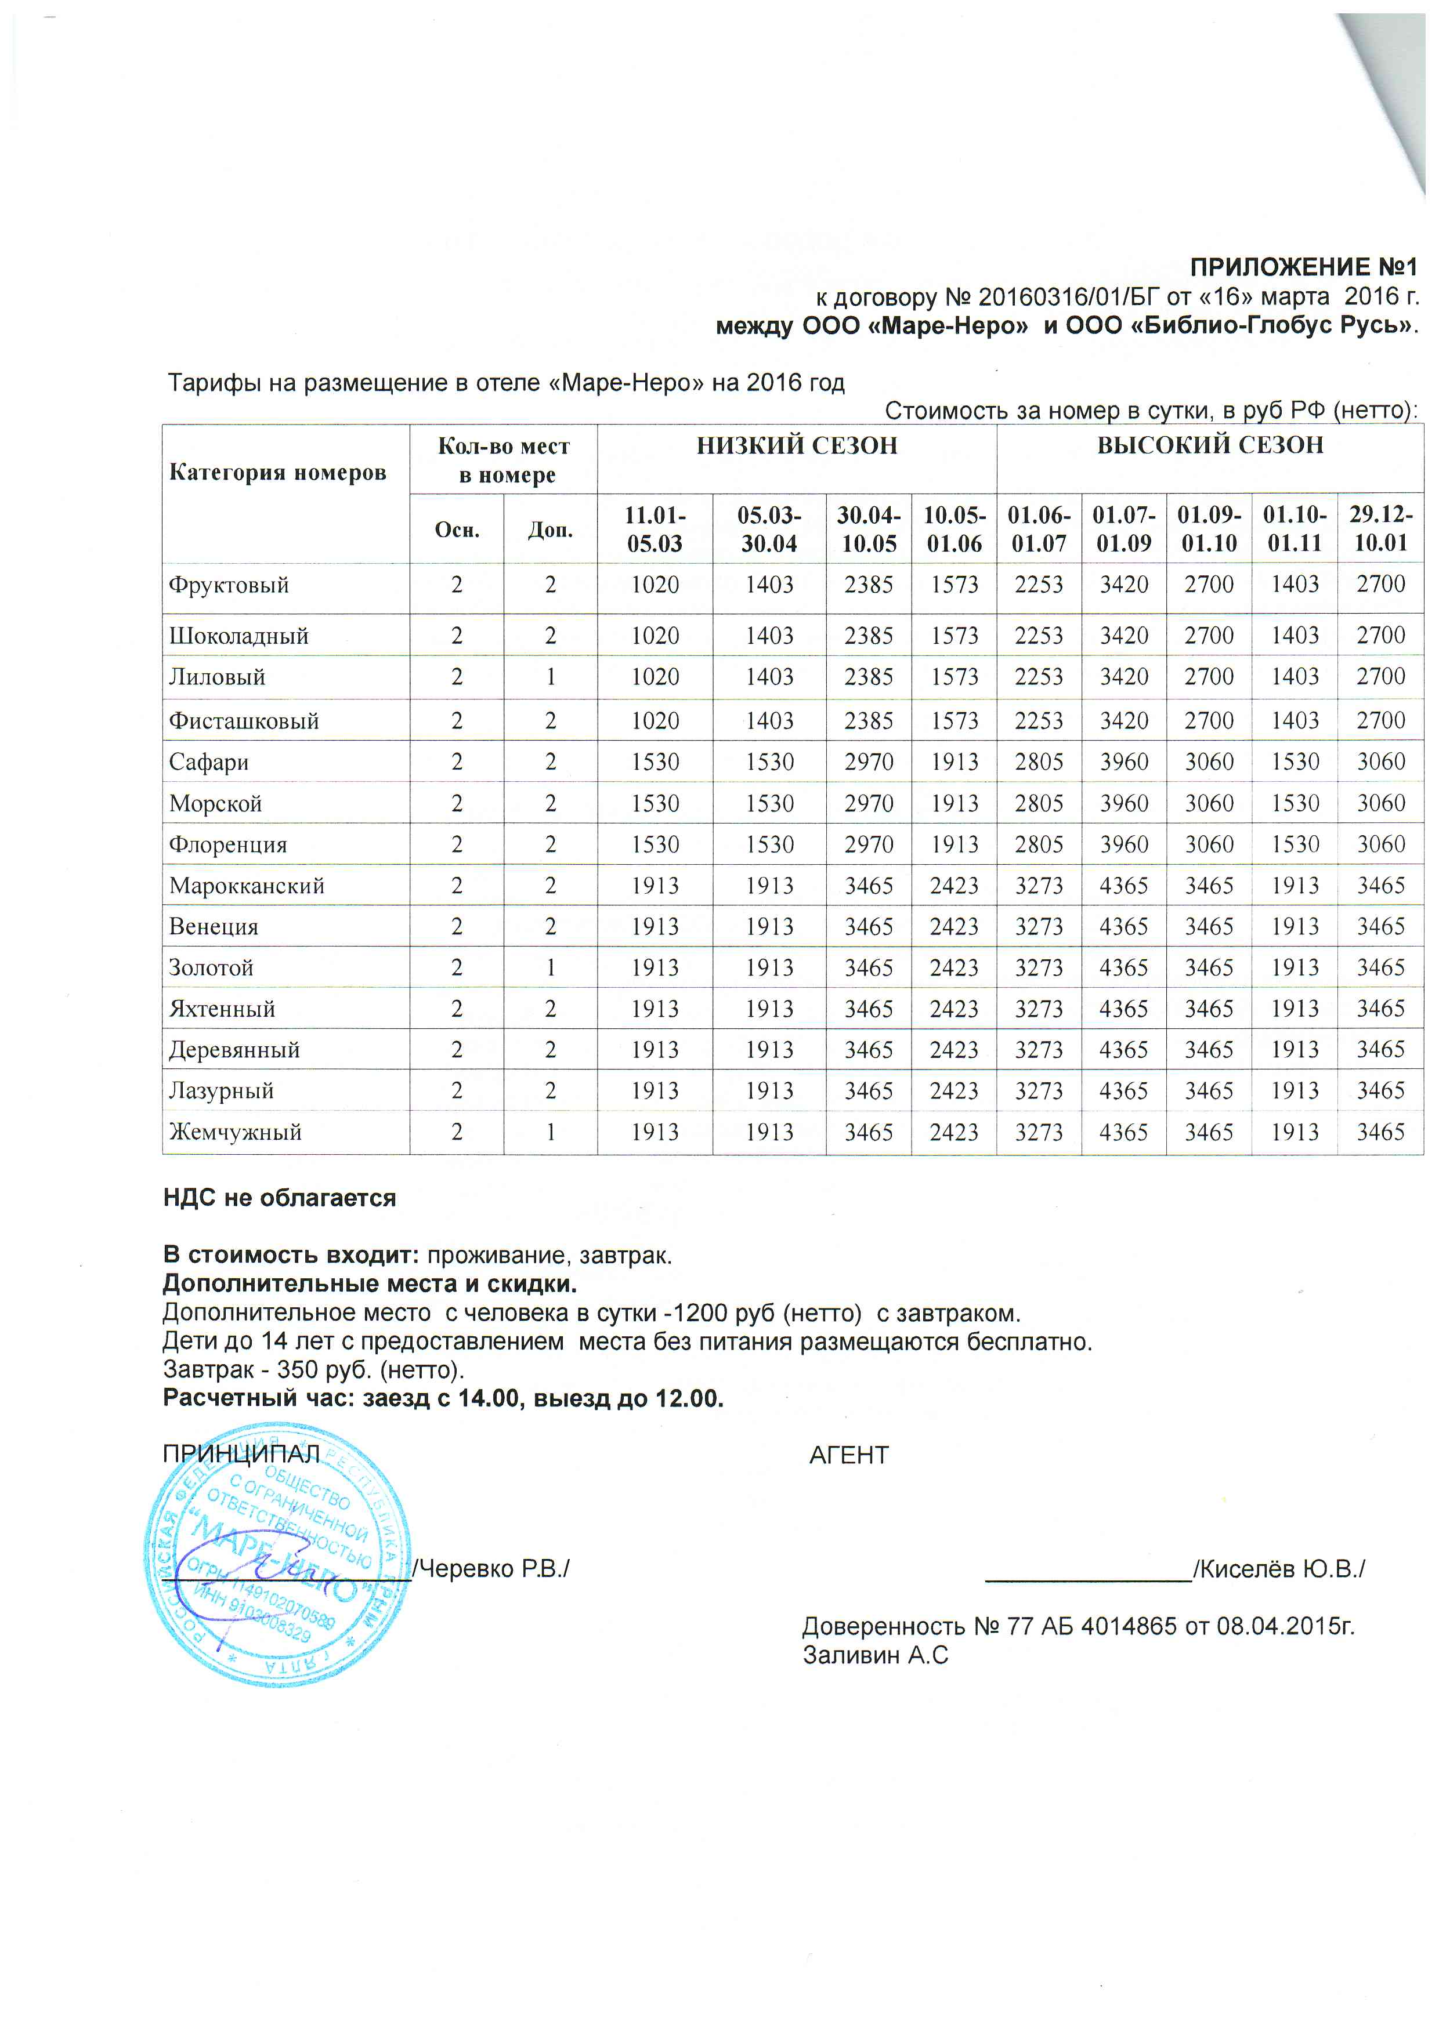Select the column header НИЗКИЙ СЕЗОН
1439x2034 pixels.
(797, 445)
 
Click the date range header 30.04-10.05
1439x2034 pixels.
(869, 529)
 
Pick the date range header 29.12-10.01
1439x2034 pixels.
(1380, 529)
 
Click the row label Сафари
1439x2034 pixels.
(209, 762)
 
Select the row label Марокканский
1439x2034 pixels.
(247, 886)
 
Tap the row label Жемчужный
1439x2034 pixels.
(235, 1132)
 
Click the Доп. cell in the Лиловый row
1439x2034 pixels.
(550, 677)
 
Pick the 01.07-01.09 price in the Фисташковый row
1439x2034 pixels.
(1123, 721)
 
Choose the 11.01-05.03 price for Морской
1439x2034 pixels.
(655, 803)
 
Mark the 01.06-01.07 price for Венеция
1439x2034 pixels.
(1039, 927)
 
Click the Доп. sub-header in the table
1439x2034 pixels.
(550, 530)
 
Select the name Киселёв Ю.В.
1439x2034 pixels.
(1279, 1569)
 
